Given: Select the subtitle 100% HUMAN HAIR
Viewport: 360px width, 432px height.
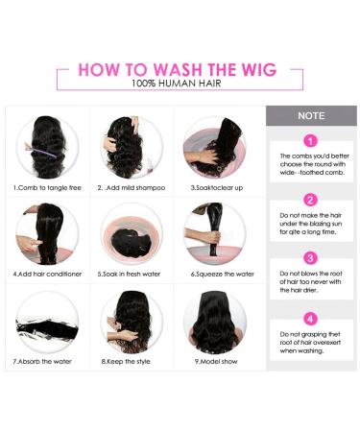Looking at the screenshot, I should pos(180,84).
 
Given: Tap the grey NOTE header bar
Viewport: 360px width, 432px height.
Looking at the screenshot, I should pos(310,115).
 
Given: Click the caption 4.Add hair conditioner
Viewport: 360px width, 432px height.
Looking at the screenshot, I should pos(46,274).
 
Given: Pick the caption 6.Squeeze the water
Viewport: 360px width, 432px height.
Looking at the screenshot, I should pos(215,274).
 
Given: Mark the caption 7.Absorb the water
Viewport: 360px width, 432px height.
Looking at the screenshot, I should pos(46,362).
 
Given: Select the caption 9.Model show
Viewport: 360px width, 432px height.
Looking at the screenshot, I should pos(215,362).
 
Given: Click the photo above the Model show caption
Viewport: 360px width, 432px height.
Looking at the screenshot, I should pos(215,321).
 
